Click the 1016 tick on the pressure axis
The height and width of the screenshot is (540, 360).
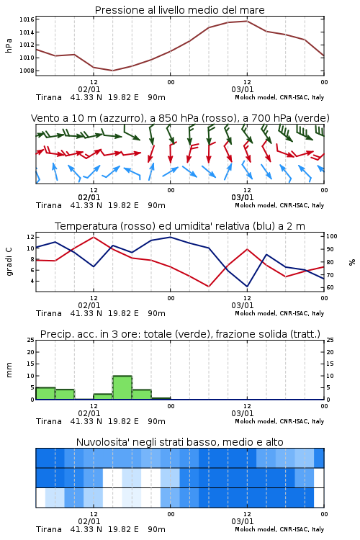coord(27,19)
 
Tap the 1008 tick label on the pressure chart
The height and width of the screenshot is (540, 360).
coord(27,71)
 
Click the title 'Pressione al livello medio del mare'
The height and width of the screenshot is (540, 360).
coord(180,10)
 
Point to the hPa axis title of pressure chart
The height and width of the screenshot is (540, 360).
coord(9,45)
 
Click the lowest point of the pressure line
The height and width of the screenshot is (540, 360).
coord(112,71)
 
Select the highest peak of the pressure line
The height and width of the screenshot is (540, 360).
coord(247,21)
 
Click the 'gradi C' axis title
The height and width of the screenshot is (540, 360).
coord(9,262)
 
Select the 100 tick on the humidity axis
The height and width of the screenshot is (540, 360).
coord(332,236)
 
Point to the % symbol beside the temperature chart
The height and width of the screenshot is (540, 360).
coord(352,262)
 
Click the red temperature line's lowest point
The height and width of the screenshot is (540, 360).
coord(208,287)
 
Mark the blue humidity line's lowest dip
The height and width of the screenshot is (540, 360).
coord(247,287)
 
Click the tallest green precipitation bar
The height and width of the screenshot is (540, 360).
coord(122,387)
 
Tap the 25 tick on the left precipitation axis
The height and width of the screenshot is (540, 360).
coord(31,340)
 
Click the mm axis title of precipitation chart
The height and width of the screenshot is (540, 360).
coord(9,370)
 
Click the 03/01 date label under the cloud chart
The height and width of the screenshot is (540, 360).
coord(243,521)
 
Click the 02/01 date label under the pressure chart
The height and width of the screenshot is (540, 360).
coord(89,89)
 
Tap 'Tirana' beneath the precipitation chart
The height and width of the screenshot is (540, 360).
coord(49,421)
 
